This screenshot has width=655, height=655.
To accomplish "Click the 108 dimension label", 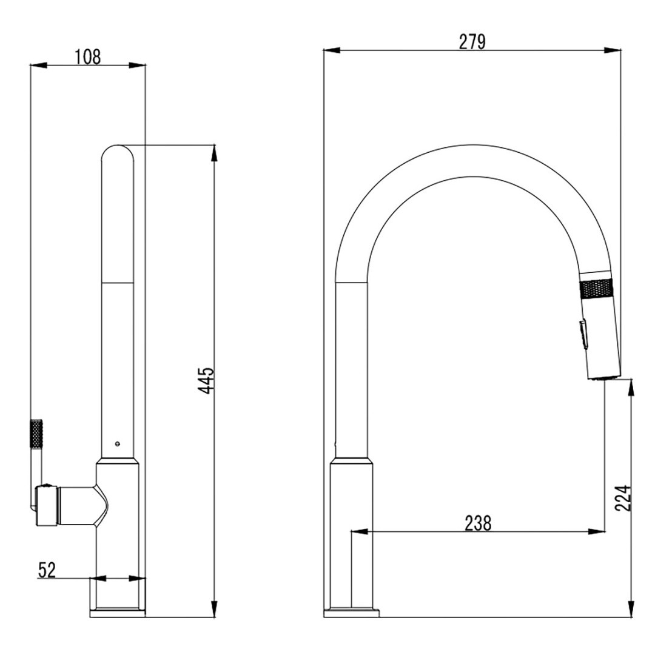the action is (88, 57).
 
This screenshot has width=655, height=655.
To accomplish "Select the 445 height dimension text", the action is (206, 380).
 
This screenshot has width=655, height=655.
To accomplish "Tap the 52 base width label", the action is (47, 569).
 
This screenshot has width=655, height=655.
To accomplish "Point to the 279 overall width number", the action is (472, 42).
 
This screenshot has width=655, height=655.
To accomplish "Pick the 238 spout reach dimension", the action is (479, 523).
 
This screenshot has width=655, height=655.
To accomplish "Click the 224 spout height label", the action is (623, 499).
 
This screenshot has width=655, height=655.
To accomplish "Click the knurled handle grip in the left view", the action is (37, 434).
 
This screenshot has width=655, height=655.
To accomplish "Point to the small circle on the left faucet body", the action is (118, 443).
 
